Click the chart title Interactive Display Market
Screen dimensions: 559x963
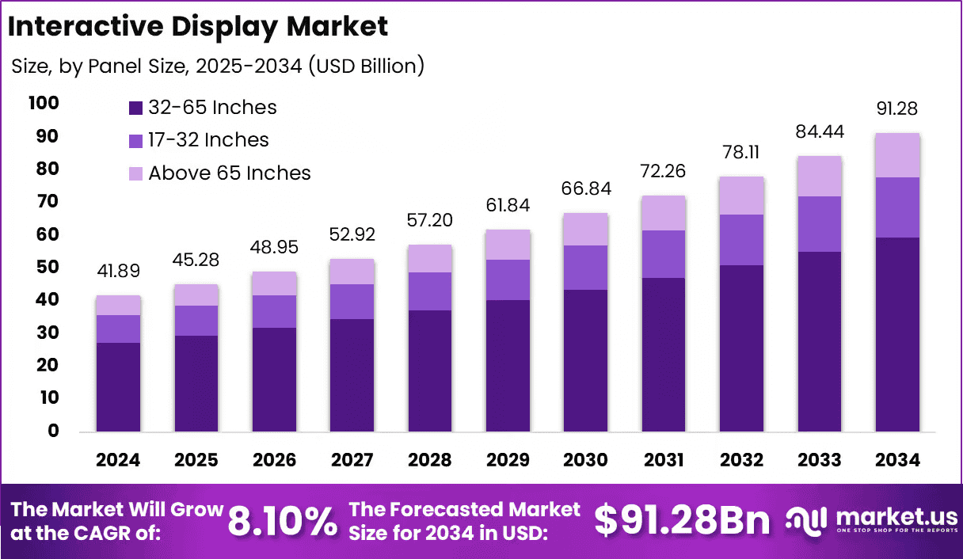198,27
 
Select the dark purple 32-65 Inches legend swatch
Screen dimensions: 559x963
135,108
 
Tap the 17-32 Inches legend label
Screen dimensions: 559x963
208,140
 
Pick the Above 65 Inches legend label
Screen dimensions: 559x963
230,173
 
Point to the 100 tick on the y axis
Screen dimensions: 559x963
43,103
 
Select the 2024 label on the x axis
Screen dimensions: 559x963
118,460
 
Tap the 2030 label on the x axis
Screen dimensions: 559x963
585,460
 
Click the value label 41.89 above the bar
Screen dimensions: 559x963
118,271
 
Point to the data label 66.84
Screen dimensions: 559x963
585,188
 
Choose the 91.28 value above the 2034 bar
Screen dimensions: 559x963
897,108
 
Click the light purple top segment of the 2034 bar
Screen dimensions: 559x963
897,155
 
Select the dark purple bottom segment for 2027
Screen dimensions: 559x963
352,375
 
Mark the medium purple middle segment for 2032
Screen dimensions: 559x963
741,240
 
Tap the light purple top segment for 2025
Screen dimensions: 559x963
196,295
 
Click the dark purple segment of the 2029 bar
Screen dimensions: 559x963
508,366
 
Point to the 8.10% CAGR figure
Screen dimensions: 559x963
282,521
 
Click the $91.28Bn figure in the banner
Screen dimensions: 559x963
682,521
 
